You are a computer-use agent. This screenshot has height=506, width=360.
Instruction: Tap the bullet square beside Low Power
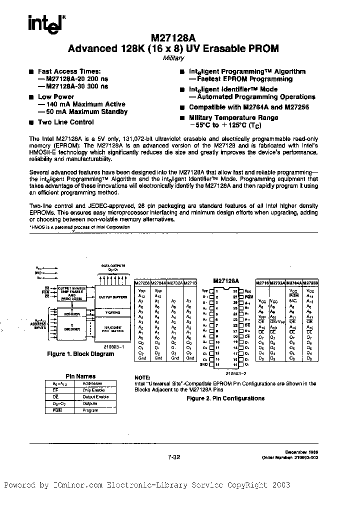coord(31,97)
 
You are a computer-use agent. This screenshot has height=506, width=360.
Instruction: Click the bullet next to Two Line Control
coord(31,122)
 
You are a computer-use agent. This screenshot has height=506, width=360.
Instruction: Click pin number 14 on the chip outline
coord(218,364)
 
